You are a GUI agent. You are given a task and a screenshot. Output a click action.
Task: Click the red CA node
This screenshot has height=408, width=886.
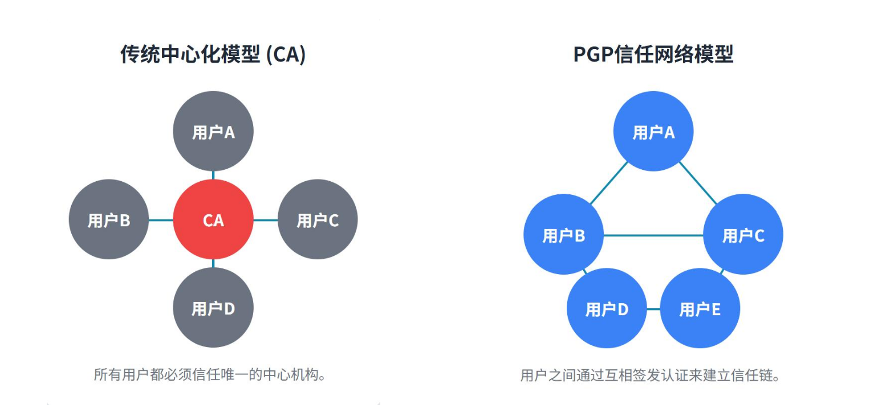pos(213,220)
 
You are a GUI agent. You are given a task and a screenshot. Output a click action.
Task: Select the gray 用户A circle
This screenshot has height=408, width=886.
pos(213,132)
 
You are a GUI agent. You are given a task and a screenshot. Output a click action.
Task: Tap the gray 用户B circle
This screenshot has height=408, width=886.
pos(108,220)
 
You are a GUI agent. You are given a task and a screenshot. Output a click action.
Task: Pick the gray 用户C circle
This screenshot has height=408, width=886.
pos(318,220)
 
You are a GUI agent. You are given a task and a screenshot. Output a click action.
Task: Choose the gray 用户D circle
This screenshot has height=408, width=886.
pos(213,308)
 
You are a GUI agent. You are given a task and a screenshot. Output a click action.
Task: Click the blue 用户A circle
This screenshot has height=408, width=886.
pos(653,132)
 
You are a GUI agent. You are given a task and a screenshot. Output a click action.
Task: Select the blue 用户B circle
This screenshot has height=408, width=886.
pos(563,235)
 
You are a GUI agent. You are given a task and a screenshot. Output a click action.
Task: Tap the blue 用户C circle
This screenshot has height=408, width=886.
pos(743,235)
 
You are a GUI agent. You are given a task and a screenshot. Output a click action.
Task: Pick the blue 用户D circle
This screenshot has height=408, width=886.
pos(607,309)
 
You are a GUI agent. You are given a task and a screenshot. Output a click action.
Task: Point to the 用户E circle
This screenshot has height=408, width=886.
pos(700,309)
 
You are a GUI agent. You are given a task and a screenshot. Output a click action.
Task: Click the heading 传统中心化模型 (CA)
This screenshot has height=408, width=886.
pos(213,55)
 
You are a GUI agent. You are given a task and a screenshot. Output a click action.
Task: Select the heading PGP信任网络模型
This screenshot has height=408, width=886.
pos(653,55)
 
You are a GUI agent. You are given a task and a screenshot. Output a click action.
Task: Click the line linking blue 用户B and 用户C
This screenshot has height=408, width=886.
pos(653,235)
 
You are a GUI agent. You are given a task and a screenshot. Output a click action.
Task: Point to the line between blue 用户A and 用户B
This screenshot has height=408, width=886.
pos(608,183)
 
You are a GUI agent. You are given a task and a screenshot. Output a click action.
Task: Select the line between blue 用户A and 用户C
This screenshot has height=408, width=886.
pos(697,183)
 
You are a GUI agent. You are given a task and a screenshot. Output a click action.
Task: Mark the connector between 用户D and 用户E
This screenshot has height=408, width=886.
pos(653,309)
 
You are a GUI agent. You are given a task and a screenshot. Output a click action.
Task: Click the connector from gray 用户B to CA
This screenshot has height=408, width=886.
pos(161,220)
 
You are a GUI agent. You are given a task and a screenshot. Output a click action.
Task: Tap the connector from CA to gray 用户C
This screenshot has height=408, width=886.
pos(265,220)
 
